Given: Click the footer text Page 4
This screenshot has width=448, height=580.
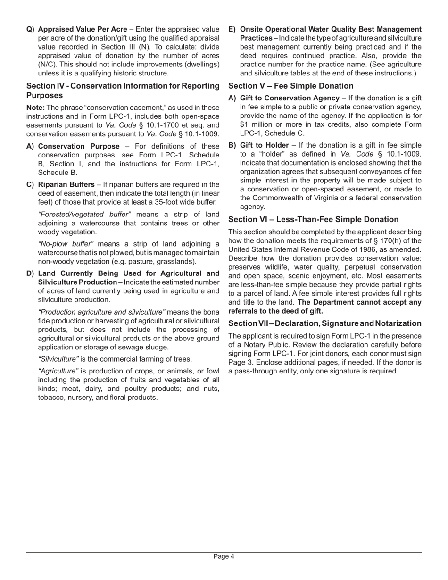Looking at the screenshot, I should [224, 556].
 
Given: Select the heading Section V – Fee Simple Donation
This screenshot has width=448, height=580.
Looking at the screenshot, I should [290, 86].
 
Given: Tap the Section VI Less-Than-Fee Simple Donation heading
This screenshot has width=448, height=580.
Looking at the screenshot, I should [313, 219].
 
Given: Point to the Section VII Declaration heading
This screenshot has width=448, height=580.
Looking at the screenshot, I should [324, 323].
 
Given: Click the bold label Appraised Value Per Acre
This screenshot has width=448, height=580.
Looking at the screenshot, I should [83, 30].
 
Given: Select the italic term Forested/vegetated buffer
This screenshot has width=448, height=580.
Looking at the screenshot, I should [84, 215].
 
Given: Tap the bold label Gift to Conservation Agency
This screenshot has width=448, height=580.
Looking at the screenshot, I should [290, 98].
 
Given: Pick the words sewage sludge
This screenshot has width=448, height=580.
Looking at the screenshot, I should [145, 347].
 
